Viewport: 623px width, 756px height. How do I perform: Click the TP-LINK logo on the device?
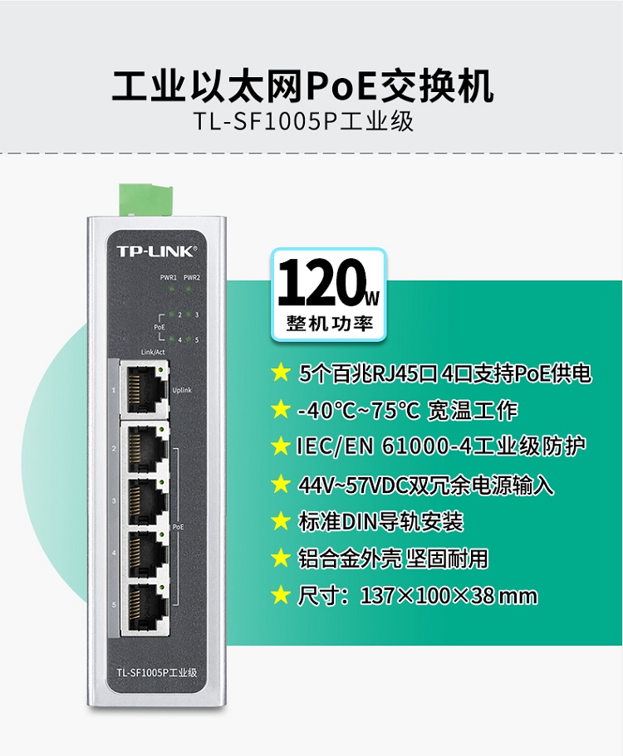(x=156, y=251)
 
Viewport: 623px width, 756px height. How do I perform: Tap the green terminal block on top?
(x=145, y=199)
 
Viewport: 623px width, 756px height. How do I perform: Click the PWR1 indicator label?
(x=169, y=278)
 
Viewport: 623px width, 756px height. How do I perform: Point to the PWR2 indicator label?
(x=192, y=278)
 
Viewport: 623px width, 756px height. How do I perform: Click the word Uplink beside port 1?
(x=182, y=390)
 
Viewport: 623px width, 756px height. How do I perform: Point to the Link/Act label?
(x=153, y=353)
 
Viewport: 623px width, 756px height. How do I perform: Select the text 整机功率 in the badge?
(x=330, y=323)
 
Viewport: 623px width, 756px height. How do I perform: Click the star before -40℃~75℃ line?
(x=281, y=410)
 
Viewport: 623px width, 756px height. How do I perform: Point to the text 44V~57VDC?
(x=353, y=485)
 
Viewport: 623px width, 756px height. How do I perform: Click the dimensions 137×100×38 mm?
(x=449, y=596)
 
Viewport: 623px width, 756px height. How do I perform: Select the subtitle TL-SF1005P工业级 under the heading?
(x=303, y=121)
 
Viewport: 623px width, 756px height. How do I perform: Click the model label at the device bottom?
(x=157, y=672)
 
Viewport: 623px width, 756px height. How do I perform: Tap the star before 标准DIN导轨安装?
(x=281, y=521)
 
